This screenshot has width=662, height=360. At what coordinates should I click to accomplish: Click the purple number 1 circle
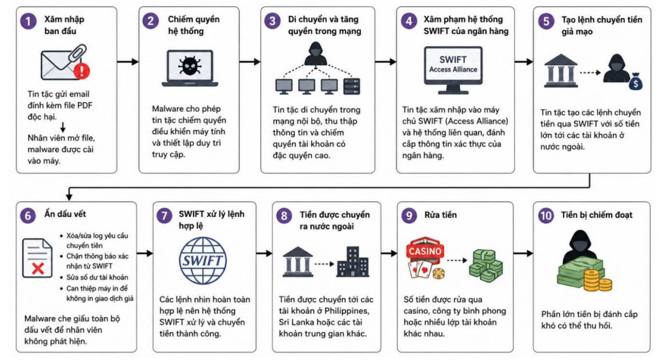click(29, 21)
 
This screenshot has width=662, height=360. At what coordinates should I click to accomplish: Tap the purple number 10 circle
click(546, 216)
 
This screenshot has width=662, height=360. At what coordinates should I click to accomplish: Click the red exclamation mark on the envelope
click(82, 70)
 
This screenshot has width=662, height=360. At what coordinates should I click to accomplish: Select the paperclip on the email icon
click(77, 55)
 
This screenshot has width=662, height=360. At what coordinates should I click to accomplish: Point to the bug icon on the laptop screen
click(190, 66)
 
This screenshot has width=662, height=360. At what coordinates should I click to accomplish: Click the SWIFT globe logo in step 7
click(203, 260)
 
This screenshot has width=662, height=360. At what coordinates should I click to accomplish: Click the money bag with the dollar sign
click(635, 82)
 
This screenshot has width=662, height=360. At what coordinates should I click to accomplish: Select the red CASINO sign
click(425, 250)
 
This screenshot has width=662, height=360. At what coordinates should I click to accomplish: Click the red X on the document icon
click(38, 268)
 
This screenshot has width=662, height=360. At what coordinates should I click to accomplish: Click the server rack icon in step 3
click(352, 87)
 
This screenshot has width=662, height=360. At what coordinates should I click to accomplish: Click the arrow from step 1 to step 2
click(128, 62)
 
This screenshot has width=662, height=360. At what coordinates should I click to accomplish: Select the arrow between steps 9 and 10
click(523, 254)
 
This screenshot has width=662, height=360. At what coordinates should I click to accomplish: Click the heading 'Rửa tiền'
click(440, 215)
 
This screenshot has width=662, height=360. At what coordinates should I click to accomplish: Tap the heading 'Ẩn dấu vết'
click(65, 214)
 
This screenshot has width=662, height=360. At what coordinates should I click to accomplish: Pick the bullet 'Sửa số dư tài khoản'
click(97, 278)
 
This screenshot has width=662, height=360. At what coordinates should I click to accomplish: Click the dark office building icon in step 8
click(352, 262)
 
